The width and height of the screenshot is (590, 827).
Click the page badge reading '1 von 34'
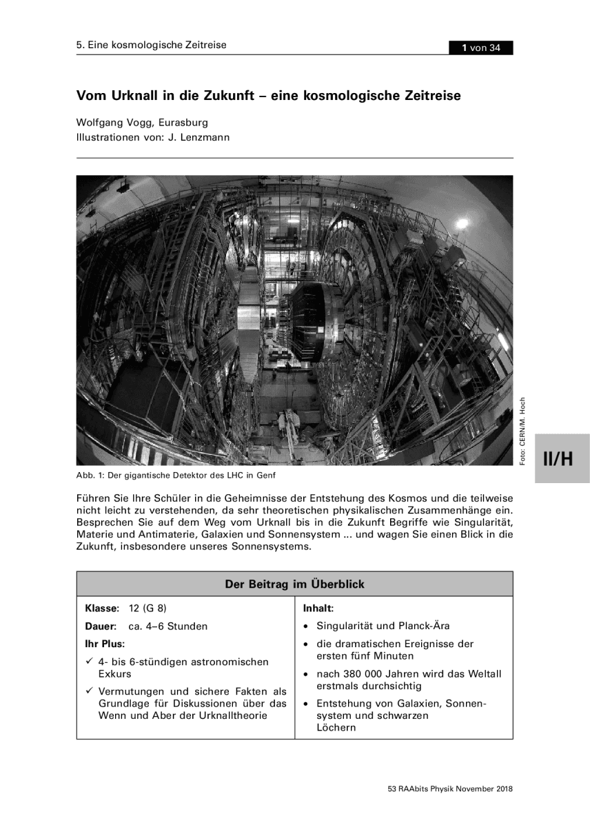[x=481, y=48]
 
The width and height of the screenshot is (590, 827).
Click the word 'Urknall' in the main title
[x=131, y=96]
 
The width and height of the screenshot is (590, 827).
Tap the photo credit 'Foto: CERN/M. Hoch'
[x=523, y=431]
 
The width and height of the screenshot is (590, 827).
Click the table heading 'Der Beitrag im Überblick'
[x=294, y=584]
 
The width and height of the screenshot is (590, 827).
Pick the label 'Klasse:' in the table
[x=102, y=609]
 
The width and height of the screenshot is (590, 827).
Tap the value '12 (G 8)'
[x=147, y=609]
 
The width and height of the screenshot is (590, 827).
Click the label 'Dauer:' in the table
[x=101, y=626]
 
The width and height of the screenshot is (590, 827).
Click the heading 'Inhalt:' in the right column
[x=318, y=609]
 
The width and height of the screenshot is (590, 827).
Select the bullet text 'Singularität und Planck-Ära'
[x=383, y=626]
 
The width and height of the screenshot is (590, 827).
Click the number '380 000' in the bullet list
[x=371, y=674]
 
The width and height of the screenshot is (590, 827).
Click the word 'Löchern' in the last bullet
[x=336, y=728]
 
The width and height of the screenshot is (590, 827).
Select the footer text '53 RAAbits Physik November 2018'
[x=450, y=789]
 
